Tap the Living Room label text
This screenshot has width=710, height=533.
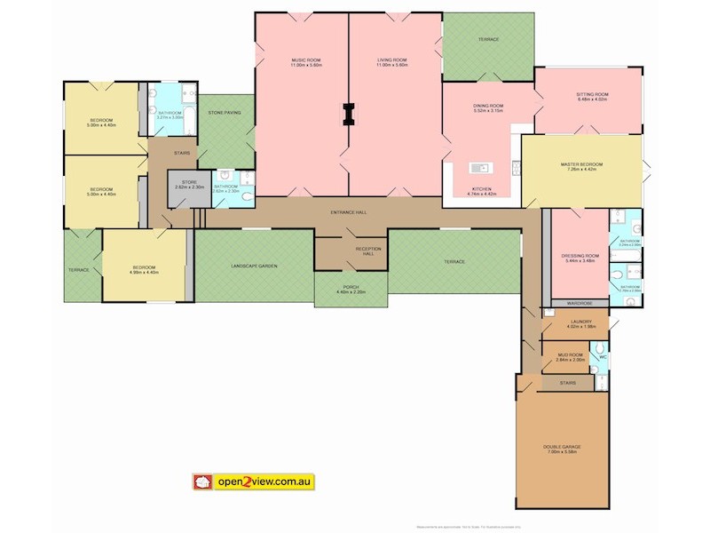(392, 62)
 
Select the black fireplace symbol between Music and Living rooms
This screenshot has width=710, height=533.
(348, 113)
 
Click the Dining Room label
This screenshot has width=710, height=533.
(487, 107)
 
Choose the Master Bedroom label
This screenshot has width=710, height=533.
(582, 166)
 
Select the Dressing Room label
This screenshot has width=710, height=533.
(581, 259)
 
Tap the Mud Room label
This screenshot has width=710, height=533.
(572, 356)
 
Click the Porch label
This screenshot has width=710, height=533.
(351, 289)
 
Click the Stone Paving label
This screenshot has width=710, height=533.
(225, 113)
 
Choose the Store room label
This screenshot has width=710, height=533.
(189, 185)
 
